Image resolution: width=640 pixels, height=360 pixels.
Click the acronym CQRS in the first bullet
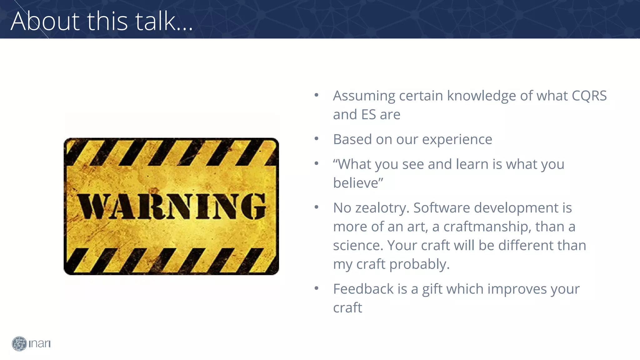[589, 96]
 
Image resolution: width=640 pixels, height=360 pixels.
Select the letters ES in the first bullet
[368, 114]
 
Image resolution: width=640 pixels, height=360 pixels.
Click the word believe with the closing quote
[358, 183]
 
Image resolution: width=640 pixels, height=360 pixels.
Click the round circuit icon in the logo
[19, 344]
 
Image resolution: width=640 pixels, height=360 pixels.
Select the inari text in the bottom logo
[39, 344]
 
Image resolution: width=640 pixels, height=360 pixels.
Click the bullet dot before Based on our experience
[316, 138]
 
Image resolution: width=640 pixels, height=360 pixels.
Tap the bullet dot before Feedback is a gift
[316, 288]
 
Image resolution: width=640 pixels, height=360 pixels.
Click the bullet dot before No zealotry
[316, 207]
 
